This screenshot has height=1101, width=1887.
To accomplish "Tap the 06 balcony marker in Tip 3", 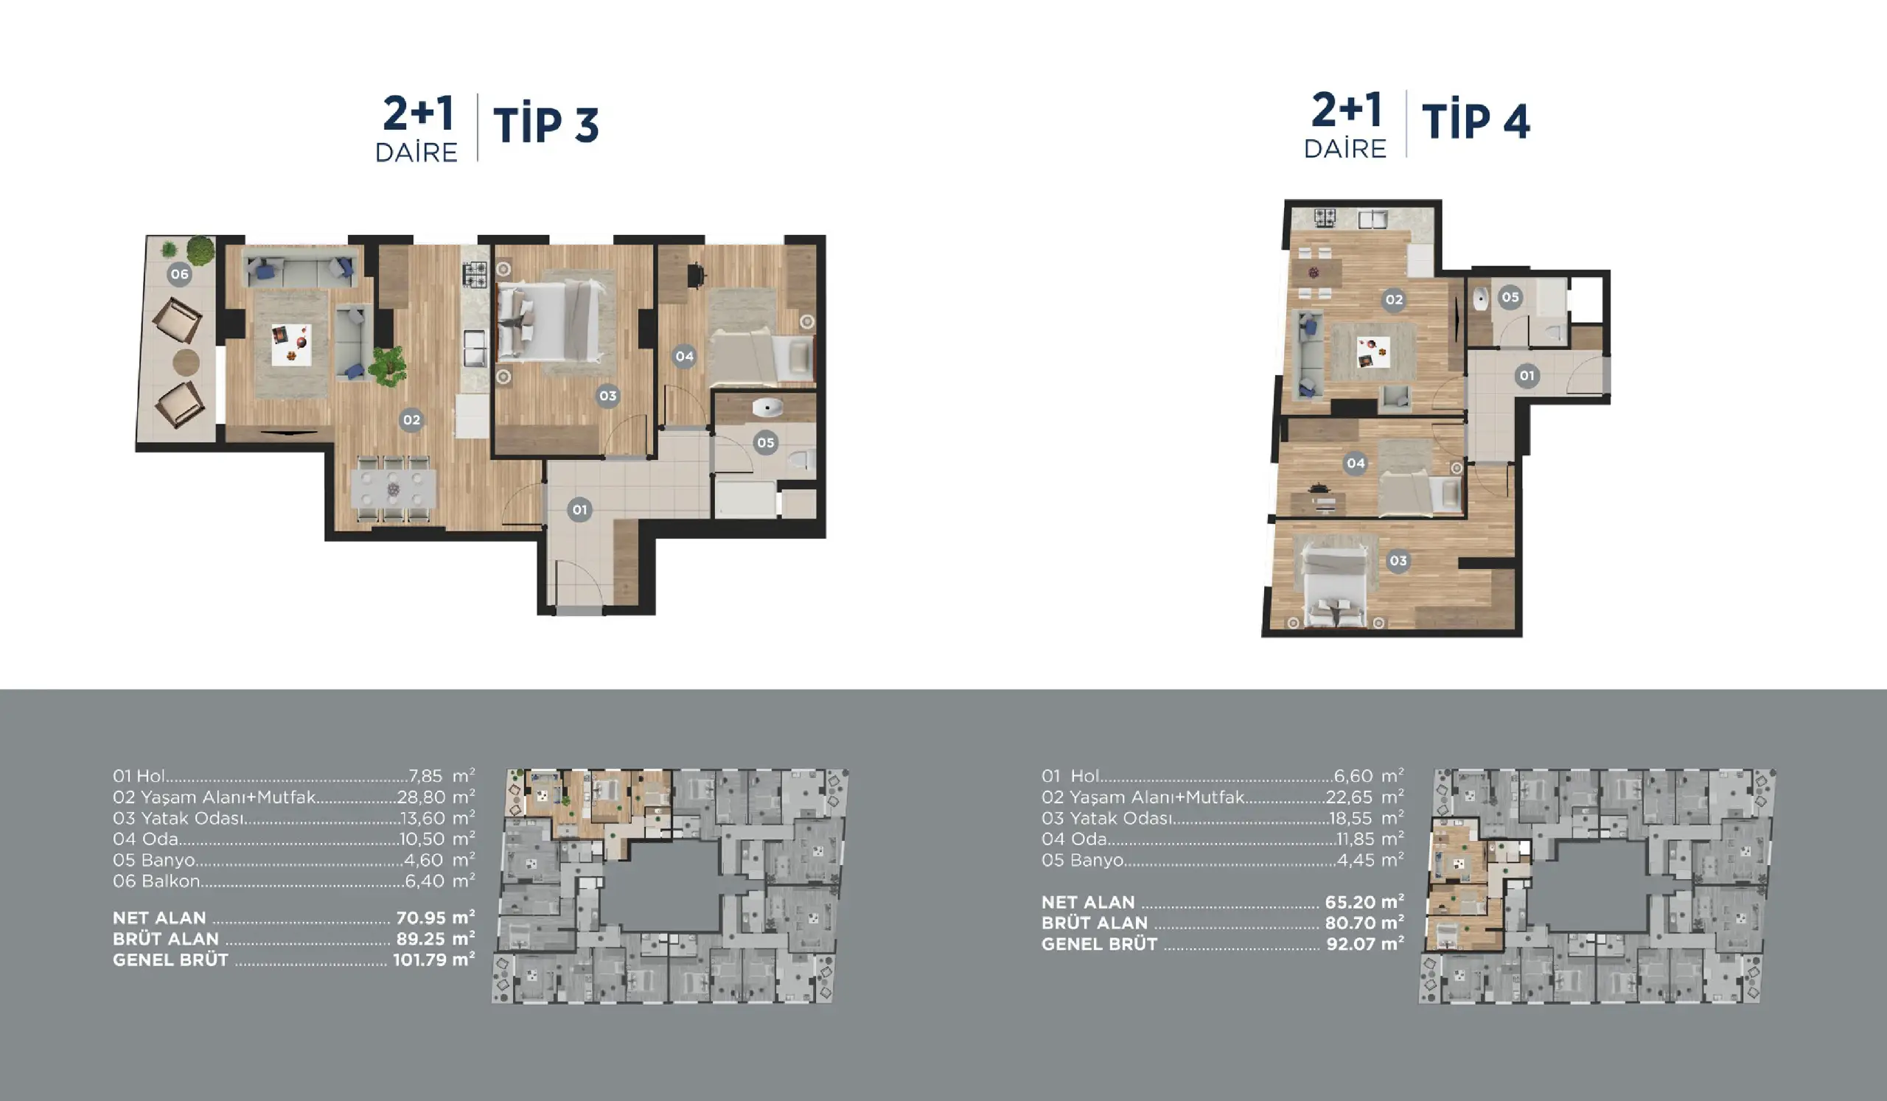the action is point(179,274).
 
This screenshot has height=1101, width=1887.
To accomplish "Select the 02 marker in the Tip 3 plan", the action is point(411,420).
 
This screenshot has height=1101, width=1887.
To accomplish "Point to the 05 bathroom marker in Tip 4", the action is point(1510,297).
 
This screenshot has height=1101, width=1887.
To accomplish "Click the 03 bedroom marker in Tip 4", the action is point(1398,561).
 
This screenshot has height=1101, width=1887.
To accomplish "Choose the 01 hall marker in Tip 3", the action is point(579,510).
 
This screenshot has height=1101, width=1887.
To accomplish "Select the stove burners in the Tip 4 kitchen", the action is point(1325,218).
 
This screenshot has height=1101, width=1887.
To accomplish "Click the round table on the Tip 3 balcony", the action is point(186,363).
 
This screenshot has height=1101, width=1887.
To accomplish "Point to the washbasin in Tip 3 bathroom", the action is point(767,408).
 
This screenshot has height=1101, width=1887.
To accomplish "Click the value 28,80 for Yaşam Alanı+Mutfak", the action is point(422,797).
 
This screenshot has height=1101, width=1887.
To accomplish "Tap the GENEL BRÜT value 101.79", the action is point(419,960).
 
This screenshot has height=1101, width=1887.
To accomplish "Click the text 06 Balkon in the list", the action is point(156,881).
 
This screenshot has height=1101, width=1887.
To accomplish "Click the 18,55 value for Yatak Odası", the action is point(1353,818).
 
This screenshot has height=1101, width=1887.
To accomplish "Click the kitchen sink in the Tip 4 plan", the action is point(1373,219).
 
